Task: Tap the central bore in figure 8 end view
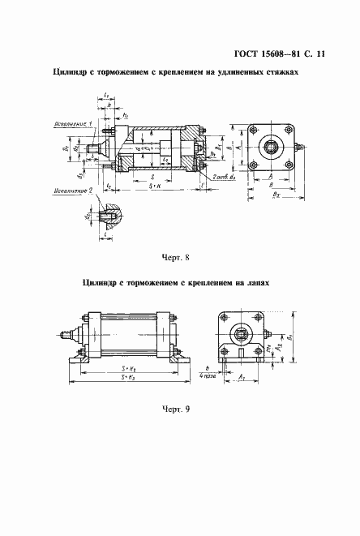[271, 148]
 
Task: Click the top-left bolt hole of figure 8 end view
[254, 131]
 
